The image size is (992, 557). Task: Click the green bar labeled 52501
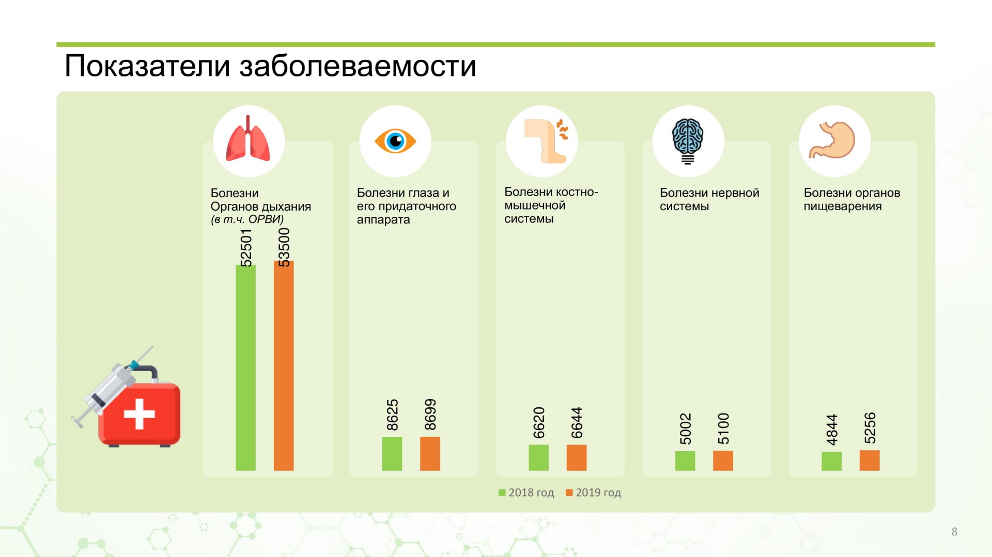coord(245,368)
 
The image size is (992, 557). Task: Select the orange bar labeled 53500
coord(284,365)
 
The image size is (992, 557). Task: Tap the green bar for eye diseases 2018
coord(392,454)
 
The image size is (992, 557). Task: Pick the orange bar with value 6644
coord(577,457)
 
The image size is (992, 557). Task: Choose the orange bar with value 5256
coord(870,460)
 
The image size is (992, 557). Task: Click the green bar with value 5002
coord(685,461)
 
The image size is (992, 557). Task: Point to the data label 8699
coord(430,415)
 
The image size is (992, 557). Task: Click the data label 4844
coord(832,429)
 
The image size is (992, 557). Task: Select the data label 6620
coord(539,423)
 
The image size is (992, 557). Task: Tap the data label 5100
coord(723,428)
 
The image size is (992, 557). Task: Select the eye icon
coord(395,141)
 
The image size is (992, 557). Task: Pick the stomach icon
coord(832,140)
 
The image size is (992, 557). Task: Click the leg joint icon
coord(546,140)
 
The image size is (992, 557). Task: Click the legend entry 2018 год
coord(526,492)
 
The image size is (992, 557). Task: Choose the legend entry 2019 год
coord(594,492)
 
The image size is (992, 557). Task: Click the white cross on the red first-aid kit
coord(139,413)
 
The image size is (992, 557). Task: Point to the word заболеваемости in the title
coord(358,66)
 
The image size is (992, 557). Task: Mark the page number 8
coord(954,532)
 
